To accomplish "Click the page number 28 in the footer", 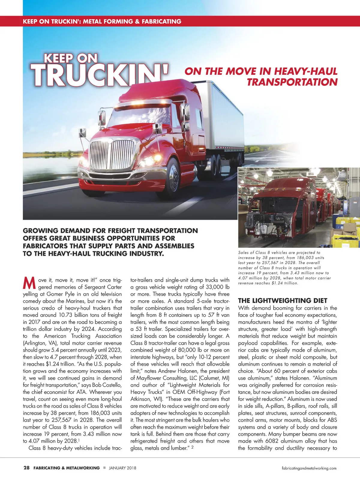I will [26, 468].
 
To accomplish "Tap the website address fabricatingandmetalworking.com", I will [309, 468].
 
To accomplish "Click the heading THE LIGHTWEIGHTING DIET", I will [283, 301].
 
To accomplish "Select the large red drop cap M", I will [29, 283].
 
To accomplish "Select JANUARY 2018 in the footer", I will [122, 468].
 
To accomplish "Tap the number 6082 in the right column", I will [273, 441].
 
